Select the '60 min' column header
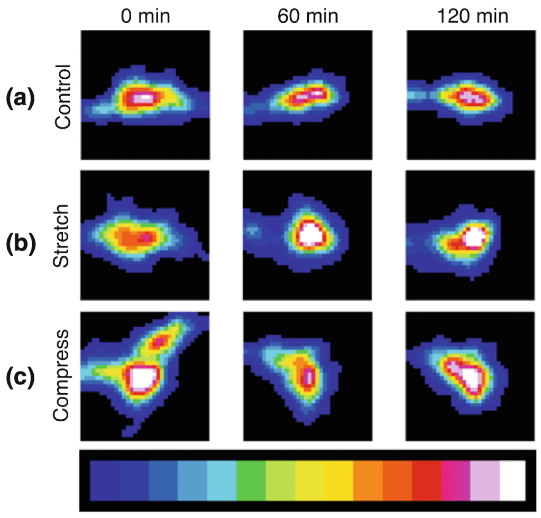308,16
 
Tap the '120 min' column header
473,16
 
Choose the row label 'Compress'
62,376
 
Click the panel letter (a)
20,98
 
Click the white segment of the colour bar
511,480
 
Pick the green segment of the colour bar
251,480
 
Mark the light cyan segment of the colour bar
222,480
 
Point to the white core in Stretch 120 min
472,237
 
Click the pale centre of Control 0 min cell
142,98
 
